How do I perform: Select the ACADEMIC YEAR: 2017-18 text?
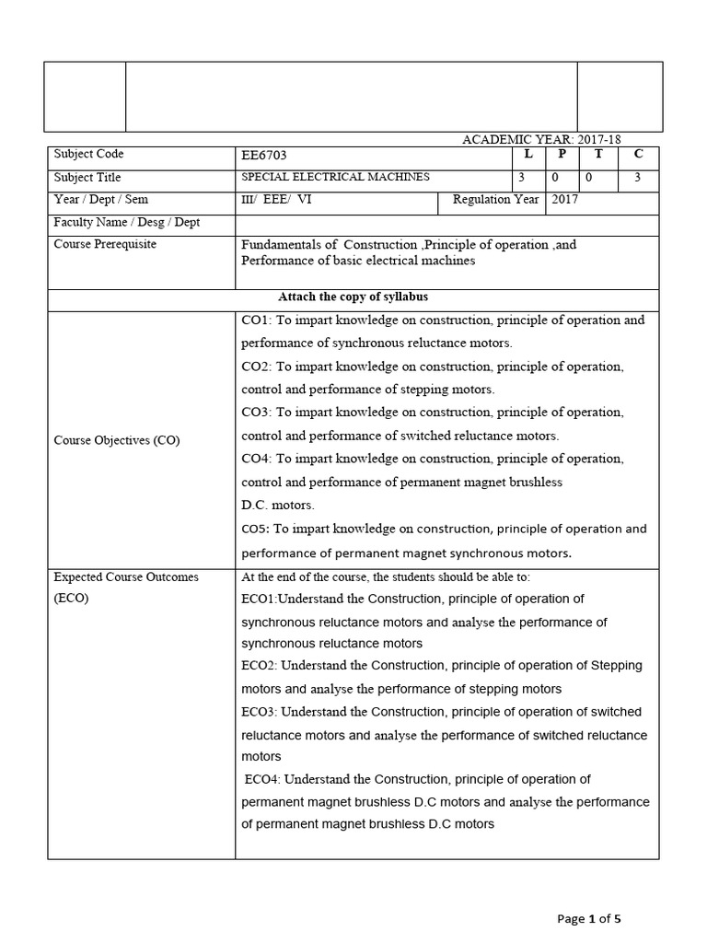coord(560,139)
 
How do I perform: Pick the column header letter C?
coord(637,155)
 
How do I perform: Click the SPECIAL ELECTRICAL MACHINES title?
coord(335,177)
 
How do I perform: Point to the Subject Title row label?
coord(87,177)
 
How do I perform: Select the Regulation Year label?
coord(493,200)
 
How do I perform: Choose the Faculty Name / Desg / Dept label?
coord(127,222)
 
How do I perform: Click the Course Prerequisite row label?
coord(105,244)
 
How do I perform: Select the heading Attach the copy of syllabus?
coord(353,297)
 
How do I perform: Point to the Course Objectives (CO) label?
coord(117,440)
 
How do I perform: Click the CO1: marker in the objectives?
coord(255,320)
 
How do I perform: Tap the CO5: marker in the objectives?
coord(254,530)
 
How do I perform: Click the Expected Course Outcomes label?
coord(126,577)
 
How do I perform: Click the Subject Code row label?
coord(88,155)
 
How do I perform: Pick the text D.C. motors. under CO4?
coord(278,505)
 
